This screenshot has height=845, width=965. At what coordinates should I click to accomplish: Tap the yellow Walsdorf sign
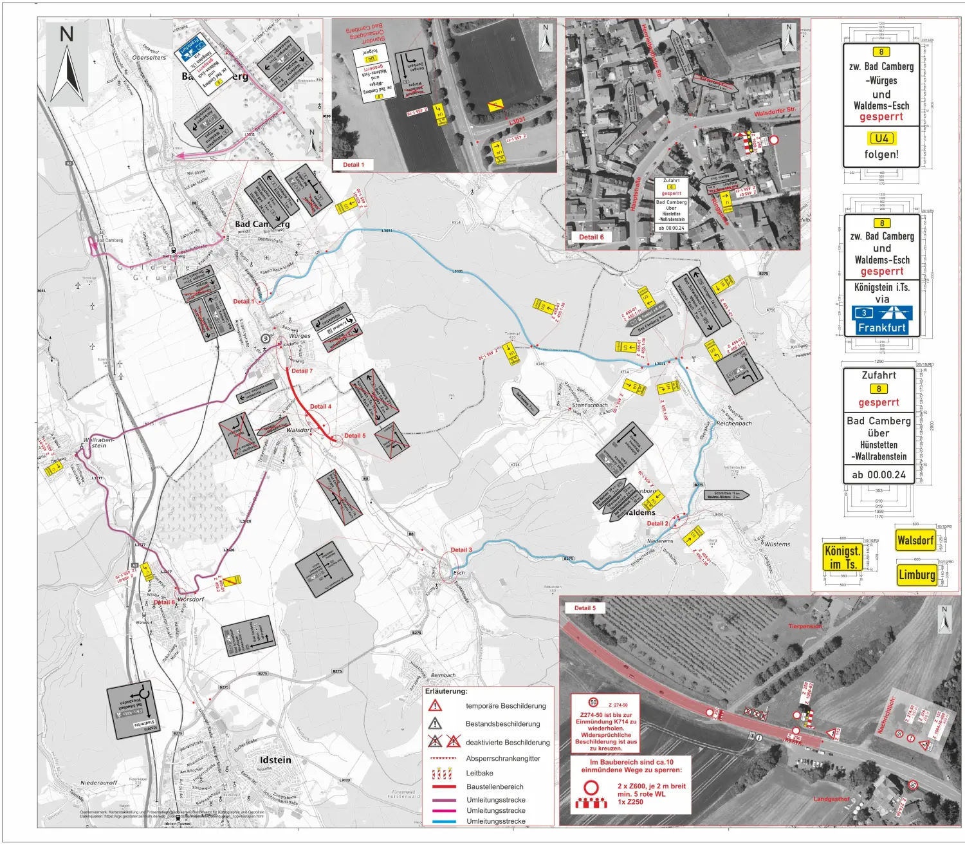[915, 540]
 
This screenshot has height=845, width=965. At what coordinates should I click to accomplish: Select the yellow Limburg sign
[916, 575]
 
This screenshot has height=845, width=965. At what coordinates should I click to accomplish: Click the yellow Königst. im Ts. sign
[842, 557]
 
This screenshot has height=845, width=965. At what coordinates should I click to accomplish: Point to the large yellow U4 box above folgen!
[881, 138]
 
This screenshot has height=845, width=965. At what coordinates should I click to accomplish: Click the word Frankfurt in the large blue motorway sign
[881, 328]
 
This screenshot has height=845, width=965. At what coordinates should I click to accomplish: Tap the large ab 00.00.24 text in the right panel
[878, 475]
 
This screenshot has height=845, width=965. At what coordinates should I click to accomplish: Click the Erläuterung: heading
[446, 691]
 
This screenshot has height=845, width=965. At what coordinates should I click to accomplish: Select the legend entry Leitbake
[479, 773]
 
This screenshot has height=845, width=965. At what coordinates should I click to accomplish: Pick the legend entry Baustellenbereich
[495, 786]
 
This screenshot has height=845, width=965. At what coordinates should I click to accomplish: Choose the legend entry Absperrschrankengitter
[503, 758]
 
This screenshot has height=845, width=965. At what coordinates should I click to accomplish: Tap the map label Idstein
[275, 760]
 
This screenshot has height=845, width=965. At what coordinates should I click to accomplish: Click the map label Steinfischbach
[590, 405]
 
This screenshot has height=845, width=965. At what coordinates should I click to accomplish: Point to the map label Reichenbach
[734, 423]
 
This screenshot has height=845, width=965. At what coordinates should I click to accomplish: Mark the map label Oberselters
[149, 57]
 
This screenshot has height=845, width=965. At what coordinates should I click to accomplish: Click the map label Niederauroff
[98, 783]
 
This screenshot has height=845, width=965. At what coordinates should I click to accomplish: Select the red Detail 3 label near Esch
[461, 550]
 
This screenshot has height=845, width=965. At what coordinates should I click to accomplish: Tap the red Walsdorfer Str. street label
[775, 112]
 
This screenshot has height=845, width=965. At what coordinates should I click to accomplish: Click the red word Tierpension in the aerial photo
[804, 626]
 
